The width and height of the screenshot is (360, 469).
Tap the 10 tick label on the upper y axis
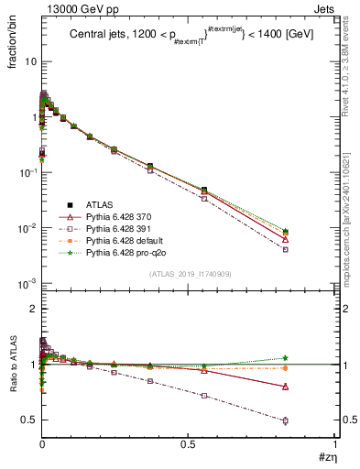(x=29, y=61)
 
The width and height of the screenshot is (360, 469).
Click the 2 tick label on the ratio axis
(x=30, y=310)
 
